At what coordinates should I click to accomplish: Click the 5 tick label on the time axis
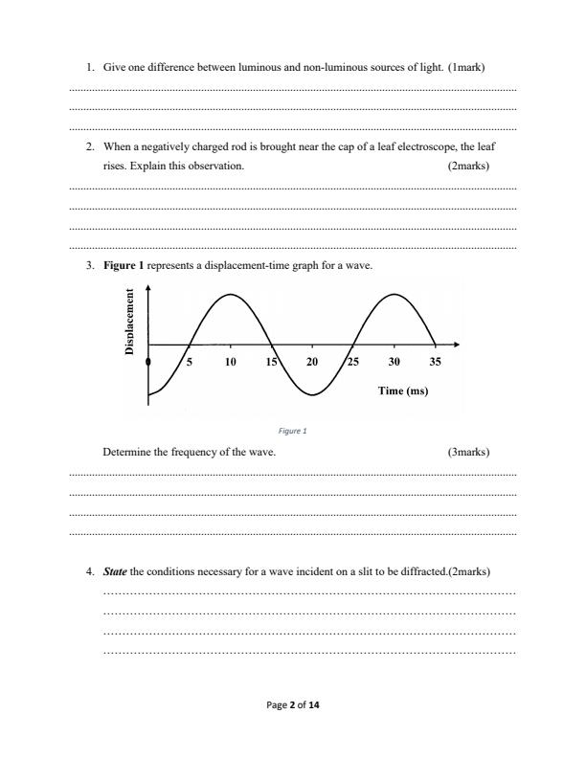pos(190,363)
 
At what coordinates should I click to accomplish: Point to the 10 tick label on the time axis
pos(231,363)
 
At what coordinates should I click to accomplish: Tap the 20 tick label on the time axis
pos(312,363)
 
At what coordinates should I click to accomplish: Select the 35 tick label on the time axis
pos(436,363)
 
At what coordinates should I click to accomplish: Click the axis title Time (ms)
pos(402,390)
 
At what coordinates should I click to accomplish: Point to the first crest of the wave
pos(230,294)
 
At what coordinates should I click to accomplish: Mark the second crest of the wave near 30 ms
pos(394,294)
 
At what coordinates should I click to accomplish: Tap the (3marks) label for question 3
pos(468,452)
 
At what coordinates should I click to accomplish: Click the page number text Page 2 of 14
pos(292,705)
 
